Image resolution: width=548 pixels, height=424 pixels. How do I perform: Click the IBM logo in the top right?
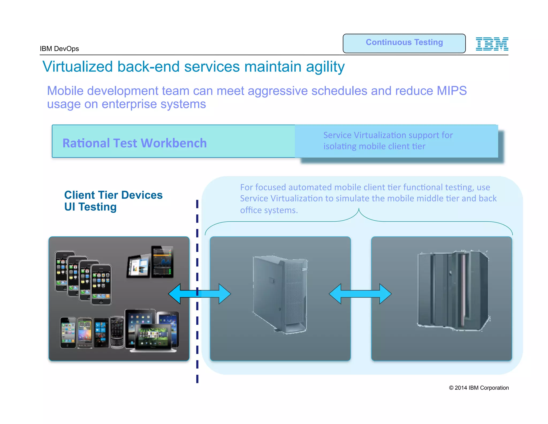pos(492,44)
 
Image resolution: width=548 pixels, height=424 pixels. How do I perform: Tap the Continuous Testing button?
pos(404,43)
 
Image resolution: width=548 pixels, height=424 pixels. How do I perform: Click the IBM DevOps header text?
pos(59,49)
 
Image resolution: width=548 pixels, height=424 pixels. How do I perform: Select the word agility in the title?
pos(325,67)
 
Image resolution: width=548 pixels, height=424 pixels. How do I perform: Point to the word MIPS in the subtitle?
pos(452,91)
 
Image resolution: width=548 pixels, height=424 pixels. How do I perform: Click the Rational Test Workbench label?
pos(135,143)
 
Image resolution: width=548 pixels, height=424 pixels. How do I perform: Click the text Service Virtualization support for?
pos(388,135)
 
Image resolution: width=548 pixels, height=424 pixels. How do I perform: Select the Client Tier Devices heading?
pos(113,195)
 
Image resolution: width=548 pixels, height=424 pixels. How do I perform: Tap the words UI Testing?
pos(90,207)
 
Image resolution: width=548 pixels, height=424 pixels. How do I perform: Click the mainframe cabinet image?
pos(453,291)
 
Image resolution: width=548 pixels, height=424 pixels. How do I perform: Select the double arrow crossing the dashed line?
pos(199,294)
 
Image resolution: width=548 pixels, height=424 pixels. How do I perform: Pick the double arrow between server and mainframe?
pos(360,294)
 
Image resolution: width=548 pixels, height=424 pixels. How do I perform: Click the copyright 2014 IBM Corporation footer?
pos(479,388)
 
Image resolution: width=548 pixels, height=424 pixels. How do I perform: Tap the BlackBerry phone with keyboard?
pos(117,332)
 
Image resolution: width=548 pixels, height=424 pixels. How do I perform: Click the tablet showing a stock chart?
pos(162,262)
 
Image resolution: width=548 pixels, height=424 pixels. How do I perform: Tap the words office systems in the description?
pos(269,210)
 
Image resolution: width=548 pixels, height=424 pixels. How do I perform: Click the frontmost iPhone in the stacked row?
pos(101,285)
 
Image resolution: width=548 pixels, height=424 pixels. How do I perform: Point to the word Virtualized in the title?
pos(78,67)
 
